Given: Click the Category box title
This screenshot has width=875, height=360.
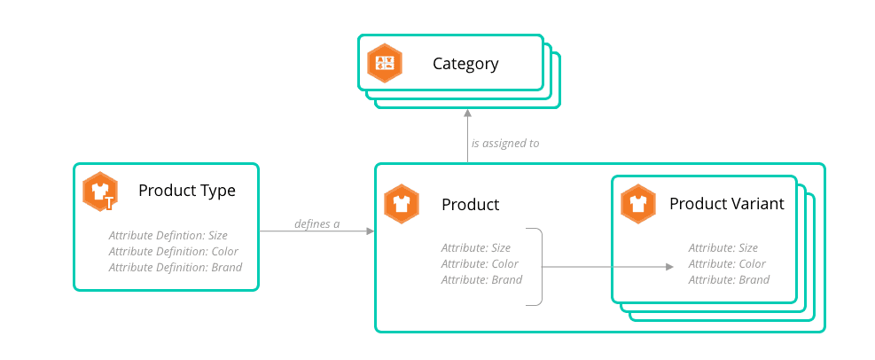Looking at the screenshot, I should click(465, 64).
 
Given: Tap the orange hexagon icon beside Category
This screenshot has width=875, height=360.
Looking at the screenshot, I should click(386, 63).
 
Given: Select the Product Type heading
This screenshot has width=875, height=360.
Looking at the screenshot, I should click(186, 191).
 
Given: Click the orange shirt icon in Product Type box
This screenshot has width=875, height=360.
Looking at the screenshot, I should click(100, 191).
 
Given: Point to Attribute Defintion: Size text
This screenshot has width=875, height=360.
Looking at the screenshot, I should click(168, 235).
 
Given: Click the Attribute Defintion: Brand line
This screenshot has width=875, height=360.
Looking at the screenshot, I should click(175, 267).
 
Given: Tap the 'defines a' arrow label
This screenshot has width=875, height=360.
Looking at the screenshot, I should click(317, 223).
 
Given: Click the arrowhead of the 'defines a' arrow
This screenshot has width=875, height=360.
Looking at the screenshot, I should click(370, 231).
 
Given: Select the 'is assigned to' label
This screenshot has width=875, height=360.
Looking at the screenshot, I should click(505, 143).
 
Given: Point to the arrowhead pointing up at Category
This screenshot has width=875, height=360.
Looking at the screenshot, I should click(467, 113).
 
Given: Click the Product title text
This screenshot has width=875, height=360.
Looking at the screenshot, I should click(470, 205).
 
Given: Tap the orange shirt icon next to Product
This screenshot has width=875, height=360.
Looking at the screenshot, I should click(402, 204).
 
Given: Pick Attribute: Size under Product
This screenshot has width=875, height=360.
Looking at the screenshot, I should click(475, 248).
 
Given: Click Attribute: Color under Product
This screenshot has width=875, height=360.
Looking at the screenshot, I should click(480, 264).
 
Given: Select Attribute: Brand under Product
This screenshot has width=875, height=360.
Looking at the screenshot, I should click(481, 280).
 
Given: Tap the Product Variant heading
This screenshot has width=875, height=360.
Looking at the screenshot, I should click(726, 204).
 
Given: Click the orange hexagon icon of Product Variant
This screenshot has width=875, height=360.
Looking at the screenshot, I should click(638, 203).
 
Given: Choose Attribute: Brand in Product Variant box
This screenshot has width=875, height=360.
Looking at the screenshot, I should click(729, 280).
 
